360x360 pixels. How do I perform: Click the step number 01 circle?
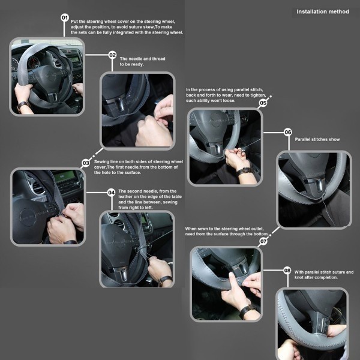click(65, 17)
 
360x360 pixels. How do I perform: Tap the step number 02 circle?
click(112, 55)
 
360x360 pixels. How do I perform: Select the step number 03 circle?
click(86, 163)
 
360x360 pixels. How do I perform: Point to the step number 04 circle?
click(112, 193)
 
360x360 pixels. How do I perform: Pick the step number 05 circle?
click(263, 103)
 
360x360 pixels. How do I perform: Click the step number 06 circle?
click(287, 132)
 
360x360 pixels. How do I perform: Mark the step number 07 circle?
click(263, 241)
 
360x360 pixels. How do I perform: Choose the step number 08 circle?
click(287, 271)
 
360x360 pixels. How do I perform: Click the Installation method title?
click(323, 12)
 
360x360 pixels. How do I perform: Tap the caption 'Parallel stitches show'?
click(317, 139)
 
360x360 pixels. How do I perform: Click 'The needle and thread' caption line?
click(142, 59)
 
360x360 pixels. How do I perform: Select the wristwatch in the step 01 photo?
click(23, 104)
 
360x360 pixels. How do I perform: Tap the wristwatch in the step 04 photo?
click(165, 280)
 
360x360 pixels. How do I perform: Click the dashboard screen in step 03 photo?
click(64, 176)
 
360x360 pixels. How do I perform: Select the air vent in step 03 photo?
click(37, 187)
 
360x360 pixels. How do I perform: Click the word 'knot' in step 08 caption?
click(299, 277)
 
